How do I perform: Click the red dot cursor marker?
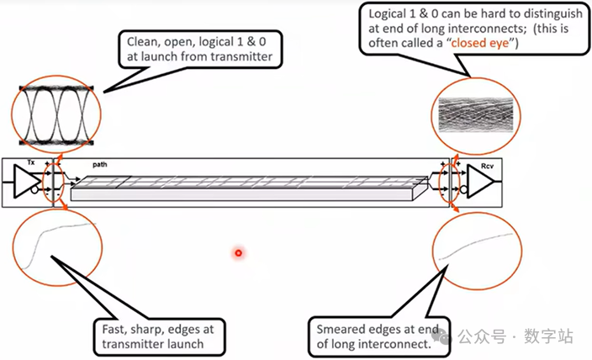tap(238, 252)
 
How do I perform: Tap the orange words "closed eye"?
tap(480, 43)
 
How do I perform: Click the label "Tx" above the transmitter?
tap(31, 162)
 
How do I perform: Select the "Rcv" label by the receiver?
tap(487, 166)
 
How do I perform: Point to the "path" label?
tap(100, 164)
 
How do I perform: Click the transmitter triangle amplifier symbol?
tap(26, 181)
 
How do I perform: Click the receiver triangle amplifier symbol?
tap(480, 181)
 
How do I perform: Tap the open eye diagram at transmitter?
tap(56, 115)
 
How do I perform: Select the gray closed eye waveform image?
tap(476, 115)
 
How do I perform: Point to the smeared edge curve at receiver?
tap(476, 245)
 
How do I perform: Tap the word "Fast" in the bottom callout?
tap(113, 329)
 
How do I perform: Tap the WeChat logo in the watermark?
tap(444, 336)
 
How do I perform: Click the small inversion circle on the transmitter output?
tap(34, 189)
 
